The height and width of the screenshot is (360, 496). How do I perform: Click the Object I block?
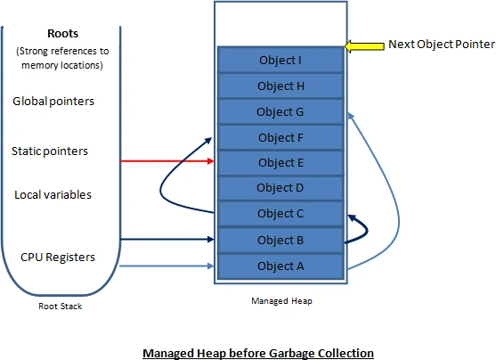[281, 60]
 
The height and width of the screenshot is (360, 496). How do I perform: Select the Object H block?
[281, 86]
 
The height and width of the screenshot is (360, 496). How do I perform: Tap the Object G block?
[281, 111]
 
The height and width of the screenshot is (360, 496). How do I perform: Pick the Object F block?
[281, 137]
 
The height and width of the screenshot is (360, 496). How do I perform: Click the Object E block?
[281, 163]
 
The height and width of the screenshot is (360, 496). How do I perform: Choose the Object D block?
[281, 188]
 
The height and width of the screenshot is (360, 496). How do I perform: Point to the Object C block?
[281, 213]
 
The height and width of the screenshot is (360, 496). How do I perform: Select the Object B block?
[281, 240]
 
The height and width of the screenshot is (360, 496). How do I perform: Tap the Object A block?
[281, 266]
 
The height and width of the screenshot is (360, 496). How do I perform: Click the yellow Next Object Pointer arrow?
[364, 46]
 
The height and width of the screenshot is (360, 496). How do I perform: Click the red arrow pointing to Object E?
[167, 161]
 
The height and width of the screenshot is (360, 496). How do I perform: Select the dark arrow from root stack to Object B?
[167, 240]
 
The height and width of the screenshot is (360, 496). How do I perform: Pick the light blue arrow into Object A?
[167, 266]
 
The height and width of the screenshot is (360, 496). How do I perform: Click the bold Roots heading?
[62, 34]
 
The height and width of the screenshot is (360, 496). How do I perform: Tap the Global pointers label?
[53, 102]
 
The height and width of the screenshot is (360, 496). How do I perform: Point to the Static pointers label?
[50, 151]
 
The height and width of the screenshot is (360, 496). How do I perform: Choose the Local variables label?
[53, 195]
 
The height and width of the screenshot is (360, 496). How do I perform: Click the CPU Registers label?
[58, 258]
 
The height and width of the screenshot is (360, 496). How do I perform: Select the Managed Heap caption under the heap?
[281, 301]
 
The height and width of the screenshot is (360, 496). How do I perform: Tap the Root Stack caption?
[60, 307]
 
